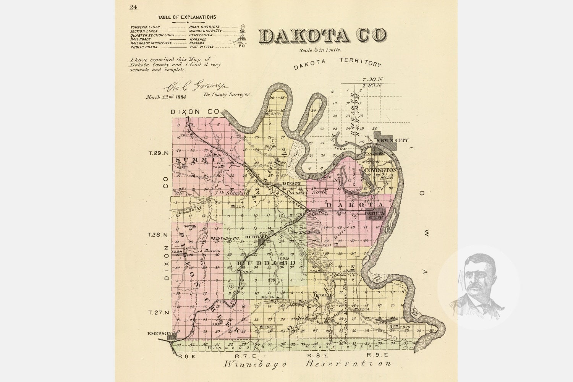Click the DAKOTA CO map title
pos(322,35)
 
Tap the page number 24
pos(133,7)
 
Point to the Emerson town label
pos(159,333)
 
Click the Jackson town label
pos(291,184)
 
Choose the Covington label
pos(380,170)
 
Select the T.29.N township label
pos(158,153)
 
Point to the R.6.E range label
pos(187,356)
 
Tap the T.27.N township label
pos(158,312)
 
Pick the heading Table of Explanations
pos(187,17)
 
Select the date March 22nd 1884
pos(165,97)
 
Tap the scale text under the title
pos(320,50)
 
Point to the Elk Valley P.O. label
pos(226,238)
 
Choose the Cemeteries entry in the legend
pos(201,35)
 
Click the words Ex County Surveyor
pos(226,94)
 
